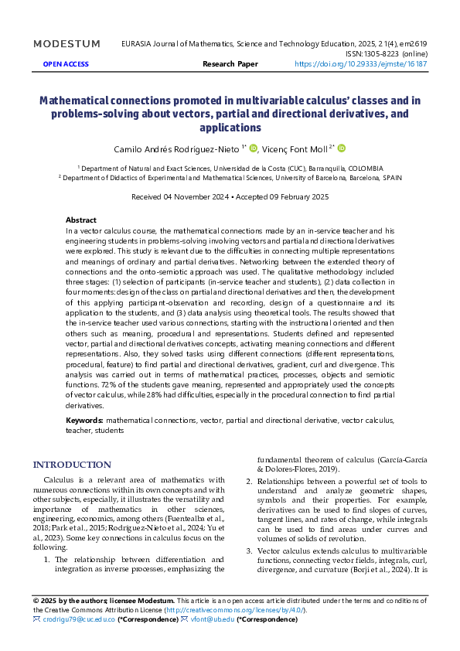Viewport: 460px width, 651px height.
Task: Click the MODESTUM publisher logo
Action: (66, 44)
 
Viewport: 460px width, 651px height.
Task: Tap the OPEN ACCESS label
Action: (66, 64)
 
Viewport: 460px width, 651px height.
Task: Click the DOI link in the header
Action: (361, 64)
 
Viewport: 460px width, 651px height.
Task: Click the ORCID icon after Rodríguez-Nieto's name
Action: (253, 148)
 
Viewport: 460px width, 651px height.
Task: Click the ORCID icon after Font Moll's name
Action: (342, 148)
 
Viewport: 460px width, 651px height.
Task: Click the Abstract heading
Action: (81, 220)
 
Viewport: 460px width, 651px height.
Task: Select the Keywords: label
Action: (85, 420)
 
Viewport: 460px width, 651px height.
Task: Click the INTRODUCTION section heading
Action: (72, 465)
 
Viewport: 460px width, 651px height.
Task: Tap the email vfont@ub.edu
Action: (212, 619)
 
